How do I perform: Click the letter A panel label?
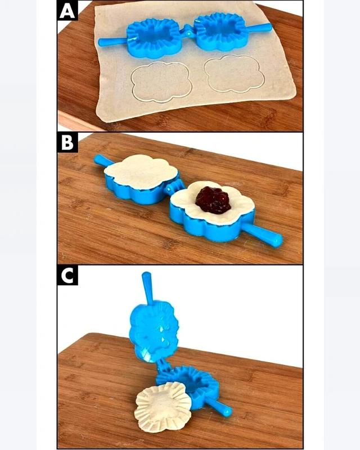click(67, 11)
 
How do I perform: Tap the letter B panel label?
click(67, 142)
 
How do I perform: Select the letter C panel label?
click(67, 275)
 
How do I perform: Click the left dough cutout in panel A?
click(161, 82)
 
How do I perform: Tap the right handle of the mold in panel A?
click(258, 28)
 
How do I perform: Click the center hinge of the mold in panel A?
click(188, 31)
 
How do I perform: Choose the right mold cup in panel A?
click(220, 31)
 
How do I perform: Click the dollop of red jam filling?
click(213, 200)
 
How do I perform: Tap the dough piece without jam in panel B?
click(141, 171)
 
